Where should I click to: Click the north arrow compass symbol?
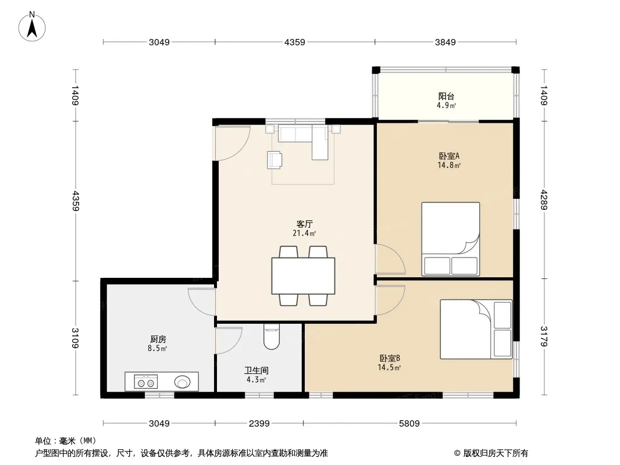coord(32,27)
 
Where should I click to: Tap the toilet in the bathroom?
coord(271,337)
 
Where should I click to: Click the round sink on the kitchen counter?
coord(182,382)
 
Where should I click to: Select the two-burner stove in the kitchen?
coord(145,382)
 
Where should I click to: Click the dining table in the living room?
coord(303,276)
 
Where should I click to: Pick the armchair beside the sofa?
coord(275,160)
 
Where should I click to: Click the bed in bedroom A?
coord(451,239)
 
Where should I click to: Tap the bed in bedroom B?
coord(476,329)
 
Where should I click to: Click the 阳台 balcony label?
coord(446,96)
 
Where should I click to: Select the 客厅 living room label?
coord(304,224)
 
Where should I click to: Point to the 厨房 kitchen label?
coord(158,339)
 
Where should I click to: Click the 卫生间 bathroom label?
coord(256,370)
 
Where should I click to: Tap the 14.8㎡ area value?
coord(449,165)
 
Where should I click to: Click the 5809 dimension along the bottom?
coord(409,424)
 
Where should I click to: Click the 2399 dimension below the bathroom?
coord(259,424)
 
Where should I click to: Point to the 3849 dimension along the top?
coord(446,42)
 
